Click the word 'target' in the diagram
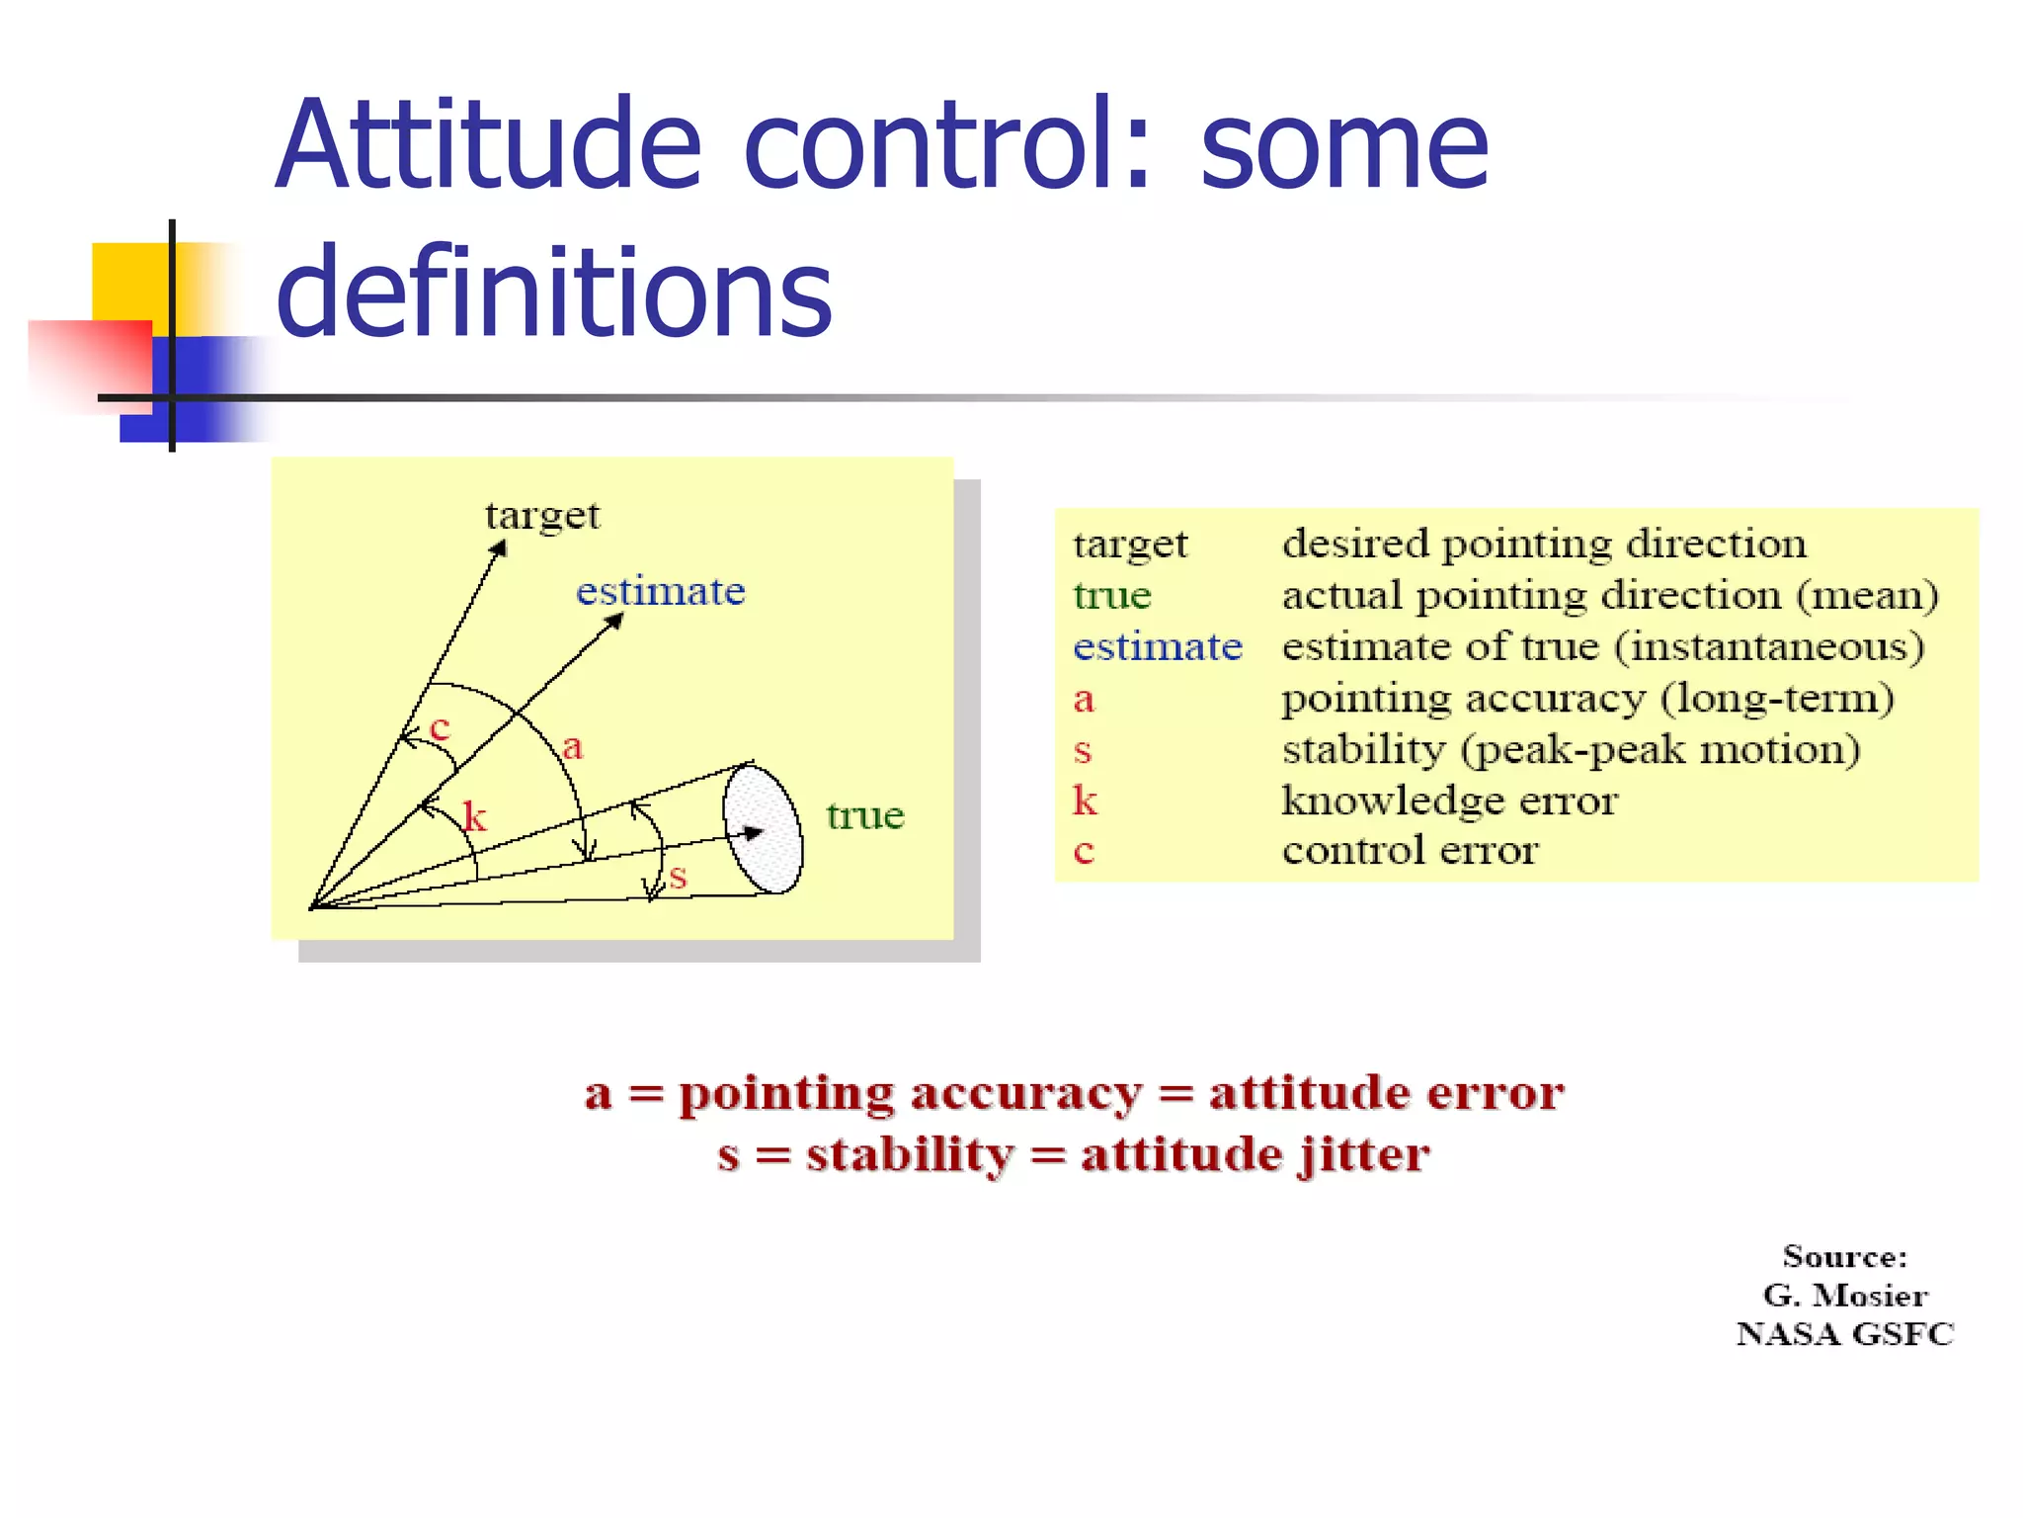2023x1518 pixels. pos(541,516)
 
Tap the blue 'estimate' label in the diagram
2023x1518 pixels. pos(660,591)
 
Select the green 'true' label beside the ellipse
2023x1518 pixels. pos(865,815)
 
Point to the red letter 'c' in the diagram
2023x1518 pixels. pos(440,728)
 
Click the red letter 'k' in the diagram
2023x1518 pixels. pos(475,816)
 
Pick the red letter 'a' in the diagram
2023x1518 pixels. pos(573,746)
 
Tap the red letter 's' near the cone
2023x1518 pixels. pos(678,876)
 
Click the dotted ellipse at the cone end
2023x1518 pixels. pos(763,828)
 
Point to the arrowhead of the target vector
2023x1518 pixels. pos(500,548)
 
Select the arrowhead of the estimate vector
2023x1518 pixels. pos(615,620)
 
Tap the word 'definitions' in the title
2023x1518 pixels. pos(554,292)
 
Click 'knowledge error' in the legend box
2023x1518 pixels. pos(1449,800)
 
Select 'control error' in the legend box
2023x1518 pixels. pos(1410,850)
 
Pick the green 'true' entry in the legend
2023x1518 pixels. pos(1112,595)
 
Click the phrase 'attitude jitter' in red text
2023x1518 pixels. pos(1254,1154)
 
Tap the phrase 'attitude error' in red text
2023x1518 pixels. pos(1387,1093)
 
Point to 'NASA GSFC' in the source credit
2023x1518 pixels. pos(1844,1334)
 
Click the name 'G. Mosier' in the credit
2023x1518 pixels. pos(1844,1295)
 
